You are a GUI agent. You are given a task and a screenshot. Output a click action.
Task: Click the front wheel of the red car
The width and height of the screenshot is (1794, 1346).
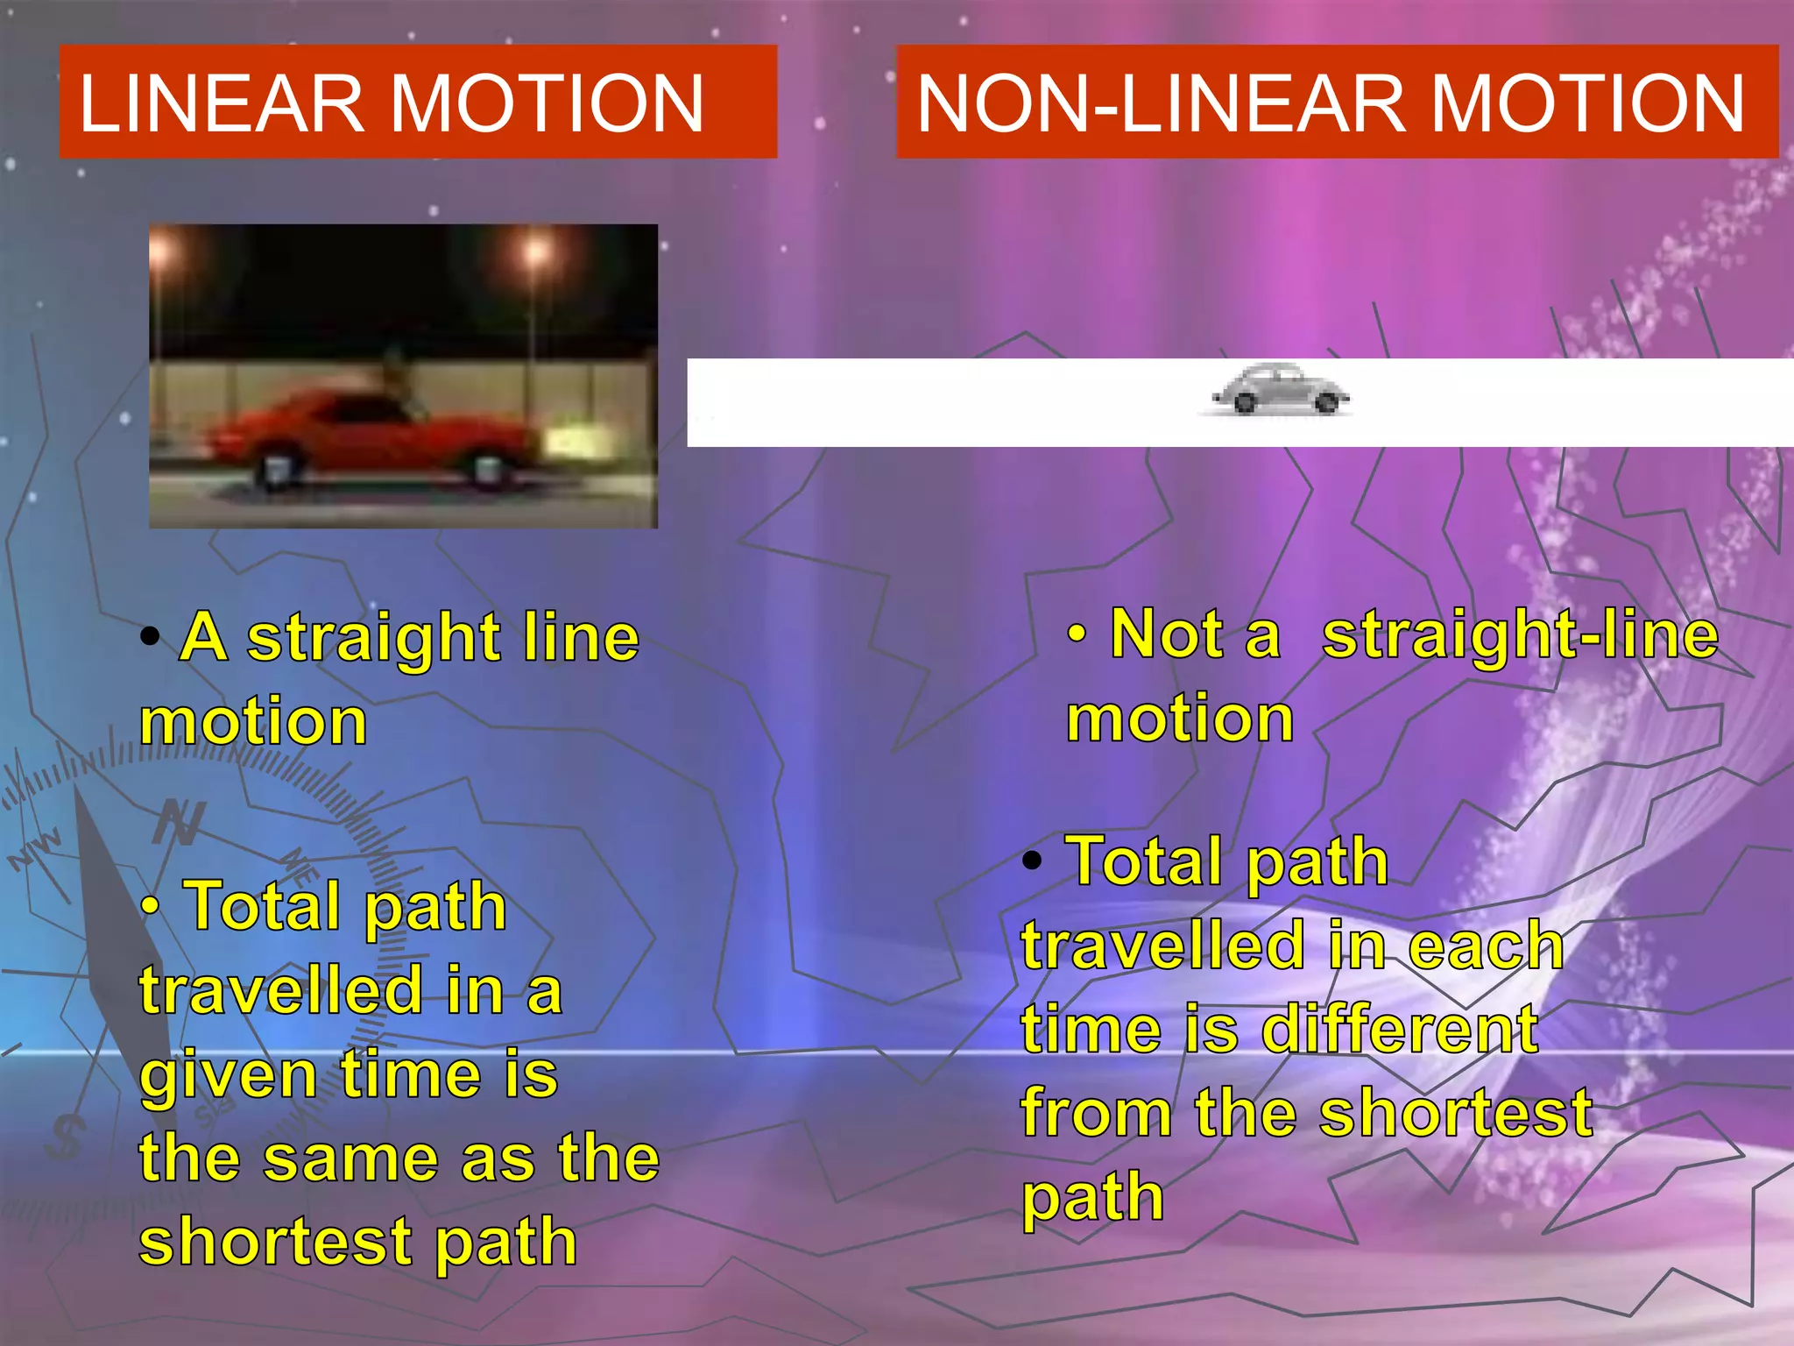coord(487,469)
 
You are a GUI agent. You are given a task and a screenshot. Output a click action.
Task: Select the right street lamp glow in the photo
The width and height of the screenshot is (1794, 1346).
coord(535,253)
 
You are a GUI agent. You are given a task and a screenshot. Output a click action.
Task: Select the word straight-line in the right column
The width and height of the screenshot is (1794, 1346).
coord(1520,634)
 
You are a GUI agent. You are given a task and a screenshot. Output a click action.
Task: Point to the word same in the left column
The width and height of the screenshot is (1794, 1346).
coord(350,1158)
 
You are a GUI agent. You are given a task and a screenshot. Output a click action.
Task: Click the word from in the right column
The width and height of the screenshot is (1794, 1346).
coord(1095,1113)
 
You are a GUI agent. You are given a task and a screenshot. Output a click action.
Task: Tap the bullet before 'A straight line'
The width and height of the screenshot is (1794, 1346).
coord(151,637)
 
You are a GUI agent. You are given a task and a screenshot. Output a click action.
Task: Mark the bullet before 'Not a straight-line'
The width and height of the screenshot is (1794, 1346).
coord(1078,634)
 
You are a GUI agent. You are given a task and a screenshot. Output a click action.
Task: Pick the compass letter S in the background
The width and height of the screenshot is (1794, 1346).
coord(67,1137)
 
